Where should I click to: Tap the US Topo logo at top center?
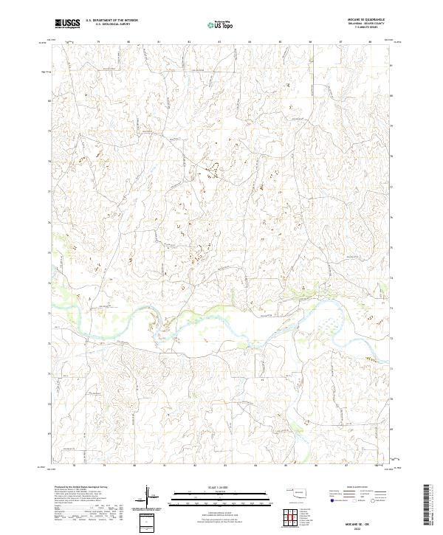222,24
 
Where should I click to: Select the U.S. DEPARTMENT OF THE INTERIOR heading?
111,21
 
